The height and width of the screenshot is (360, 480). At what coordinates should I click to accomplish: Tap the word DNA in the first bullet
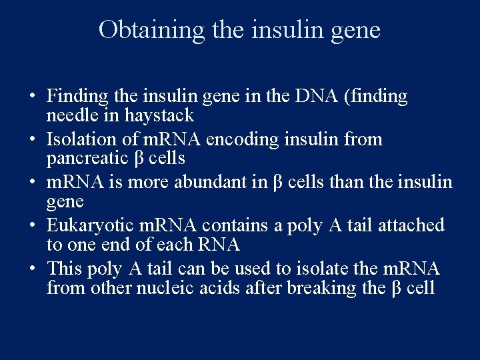313,97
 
